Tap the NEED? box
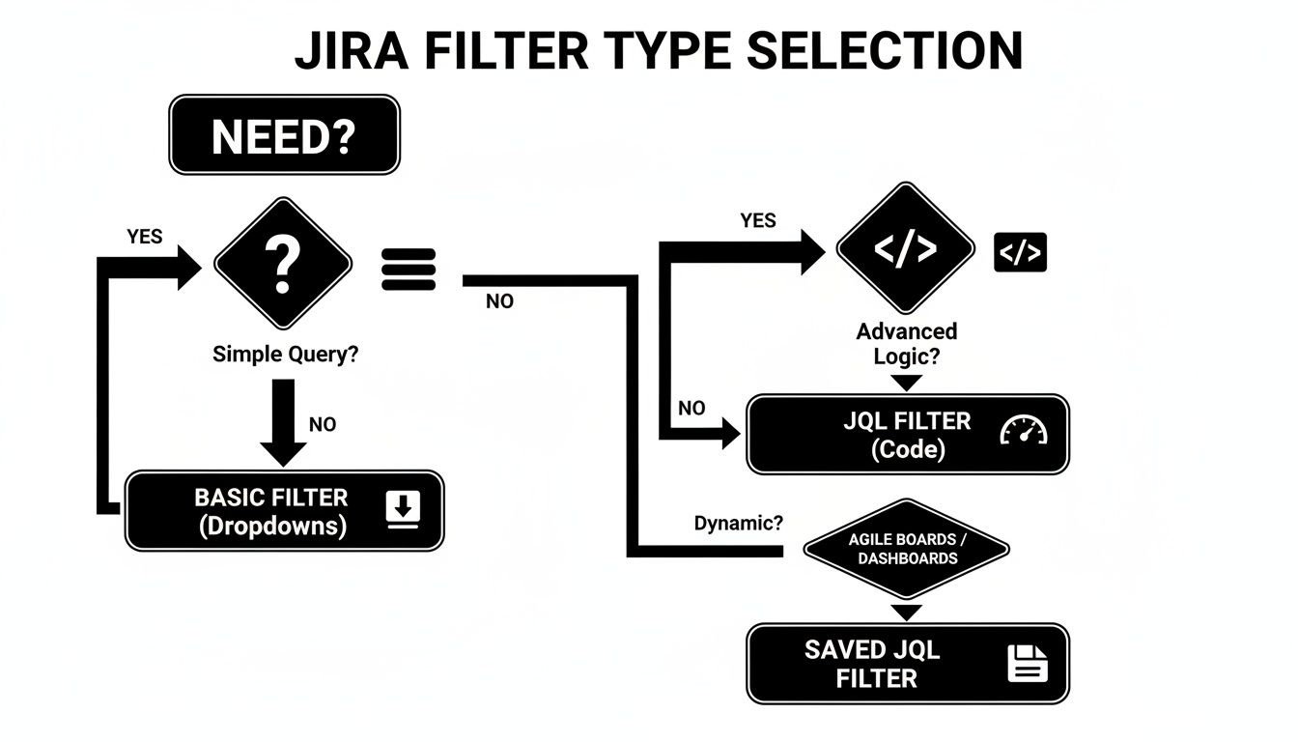[x=284, y=135]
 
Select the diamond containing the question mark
[x=282, y=264]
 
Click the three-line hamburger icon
[x=409, y=269]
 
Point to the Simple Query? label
[x=285, y=355]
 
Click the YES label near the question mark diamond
[x=144, y=237]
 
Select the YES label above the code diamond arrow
[x=757, y=221]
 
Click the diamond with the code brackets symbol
[x=904, y=250]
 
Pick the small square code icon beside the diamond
[x=1020, y=252]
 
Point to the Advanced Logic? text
[x=906, y=343]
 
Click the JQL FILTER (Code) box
[x=907, y=435]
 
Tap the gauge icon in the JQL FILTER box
[x=1023, y=430]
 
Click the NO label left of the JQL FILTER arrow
[x=691, y=409]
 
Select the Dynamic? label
[x=739, y=524]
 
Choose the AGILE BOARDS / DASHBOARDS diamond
[x=906, y=549]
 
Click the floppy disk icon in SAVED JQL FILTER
[x=1028, y=665]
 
